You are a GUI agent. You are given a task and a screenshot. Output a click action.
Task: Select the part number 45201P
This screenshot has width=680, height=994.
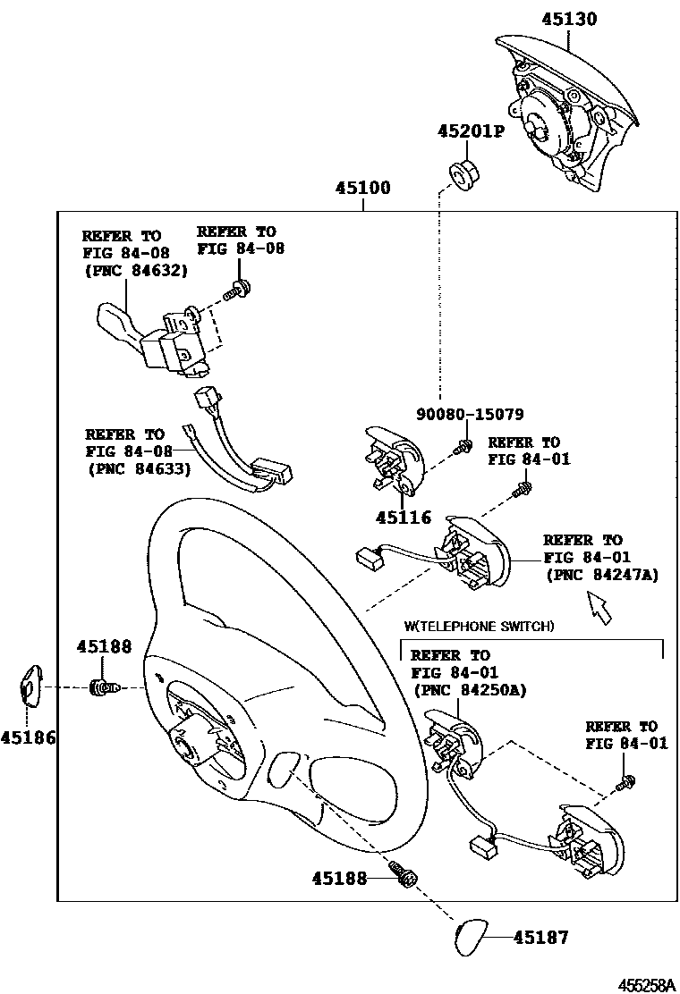(x=471, y=131)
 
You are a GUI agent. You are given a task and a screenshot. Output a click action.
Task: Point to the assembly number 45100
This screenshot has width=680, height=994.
(x=362, y=189)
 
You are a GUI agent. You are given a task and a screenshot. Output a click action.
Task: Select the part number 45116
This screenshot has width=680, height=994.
(x=404, y=518)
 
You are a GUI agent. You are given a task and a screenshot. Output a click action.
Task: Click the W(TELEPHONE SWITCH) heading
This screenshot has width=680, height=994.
(x=479, y=627)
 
